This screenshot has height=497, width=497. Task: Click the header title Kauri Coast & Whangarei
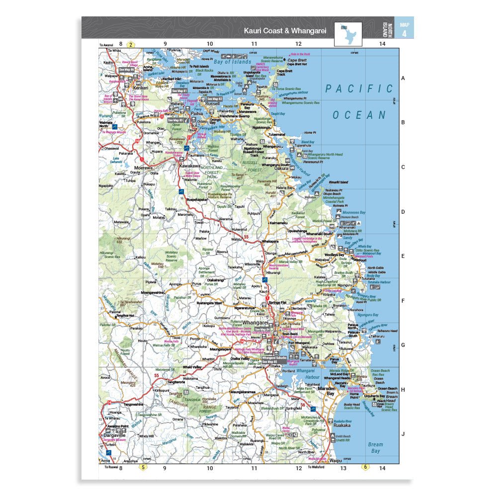click(284, 31)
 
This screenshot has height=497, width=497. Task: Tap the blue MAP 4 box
click(404, 28)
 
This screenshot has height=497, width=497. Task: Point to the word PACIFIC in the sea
click(359, 89)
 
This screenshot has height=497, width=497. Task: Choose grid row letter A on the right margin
click(403, 79)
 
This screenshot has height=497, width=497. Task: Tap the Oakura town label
click(282, 168)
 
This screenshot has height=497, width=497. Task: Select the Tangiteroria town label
click(166, 382)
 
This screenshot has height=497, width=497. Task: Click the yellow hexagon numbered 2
click(131, 45)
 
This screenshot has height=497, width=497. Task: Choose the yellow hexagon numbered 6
click(365, 467)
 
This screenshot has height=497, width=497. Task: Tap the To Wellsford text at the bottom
click(316, 467)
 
